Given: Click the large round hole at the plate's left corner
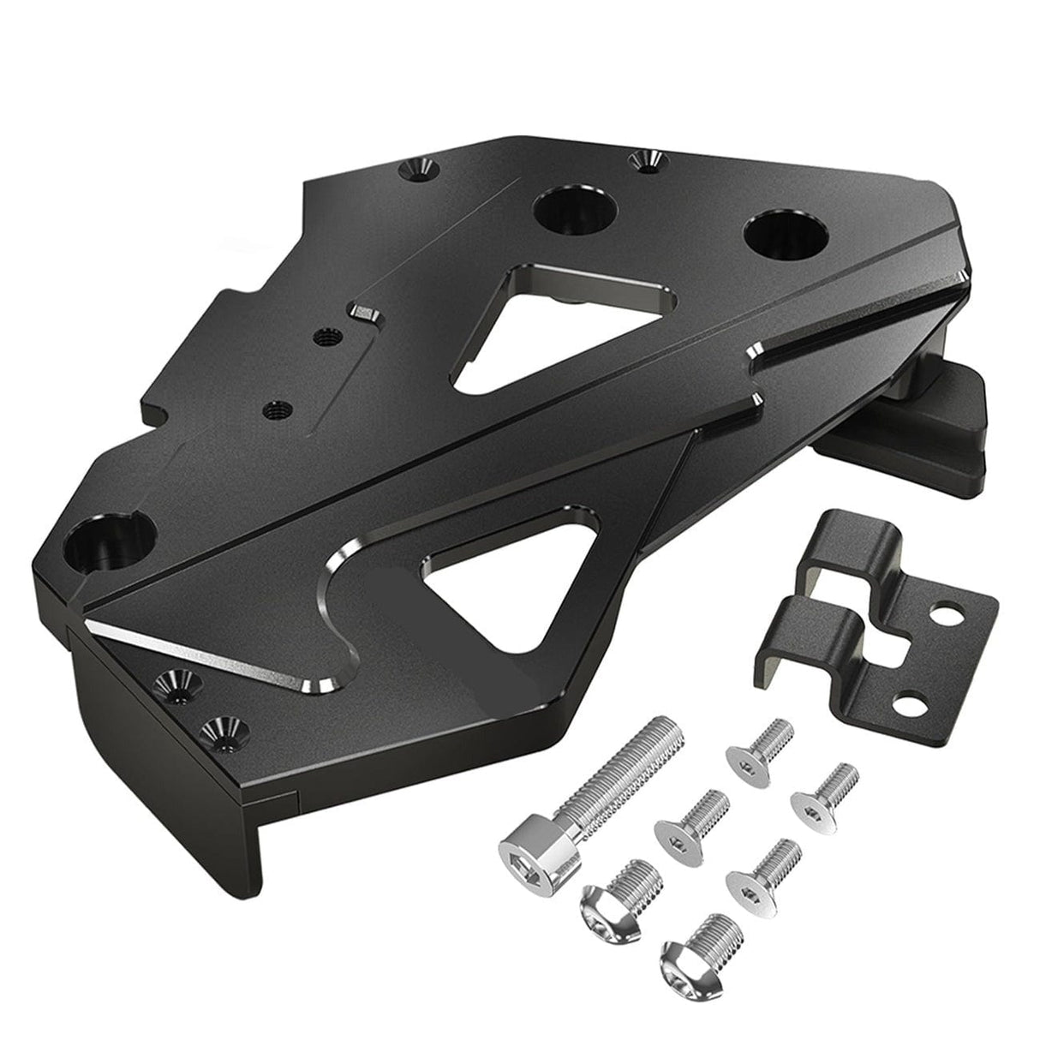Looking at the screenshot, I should tap(105, 543).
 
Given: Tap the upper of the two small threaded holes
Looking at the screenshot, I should tap(323, 338).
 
